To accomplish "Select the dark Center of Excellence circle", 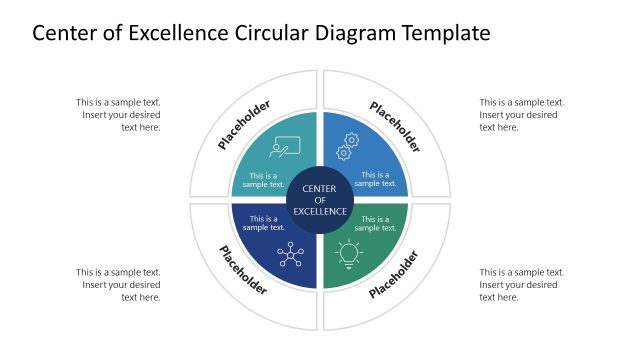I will tap(320, 200).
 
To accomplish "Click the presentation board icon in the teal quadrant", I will tap(283, 147).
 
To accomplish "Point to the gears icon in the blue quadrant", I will tap(349, 146).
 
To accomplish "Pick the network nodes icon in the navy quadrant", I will tap(291, 254).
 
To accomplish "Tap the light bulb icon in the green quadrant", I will tap(348, 254).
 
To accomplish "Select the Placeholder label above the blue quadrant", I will tap(395, 126).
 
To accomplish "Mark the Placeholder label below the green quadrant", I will tap(395, 273).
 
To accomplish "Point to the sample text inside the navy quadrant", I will tap(264, 223).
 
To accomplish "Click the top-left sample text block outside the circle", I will tap(118, 115).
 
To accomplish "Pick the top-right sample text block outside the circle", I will tap(521, 115).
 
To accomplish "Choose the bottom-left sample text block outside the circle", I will tap(118, 285).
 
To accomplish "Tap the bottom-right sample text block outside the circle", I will tap(521, 285).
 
